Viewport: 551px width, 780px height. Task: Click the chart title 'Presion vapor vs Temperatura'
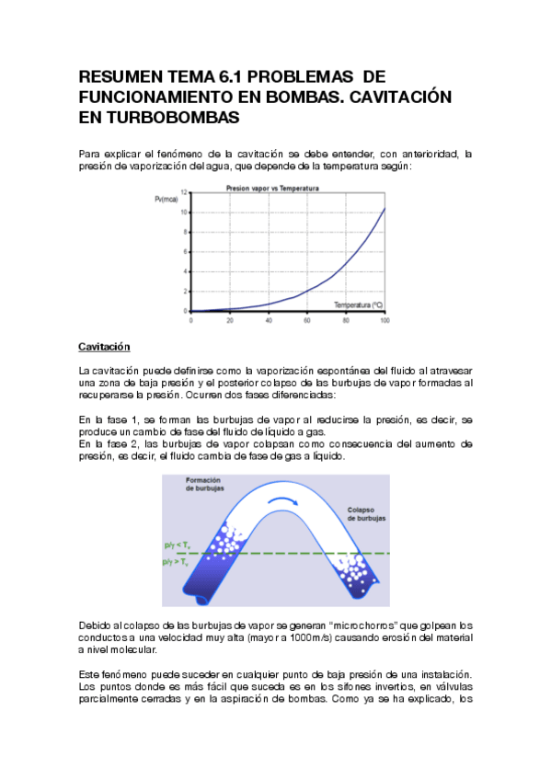(x=272, y=188)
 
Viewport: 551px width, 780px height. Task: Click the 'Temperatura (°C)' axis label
(x=360, y=304)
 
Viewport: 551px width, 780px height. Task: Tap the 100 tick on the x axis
(x=385, y=319)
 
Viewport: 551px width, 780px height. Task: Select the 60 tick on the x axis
(x=307, y=319)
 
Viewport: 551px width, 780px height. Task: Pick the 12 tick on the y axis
(x=184, y=192)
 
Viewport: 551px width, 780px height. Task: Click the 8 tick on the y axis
(x=186, y=232)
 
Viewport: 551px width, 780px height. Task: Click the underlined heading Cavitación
(x=105, y=347)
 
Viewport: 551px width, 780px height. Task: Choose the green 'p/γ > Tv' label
(x=175, y=561)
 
